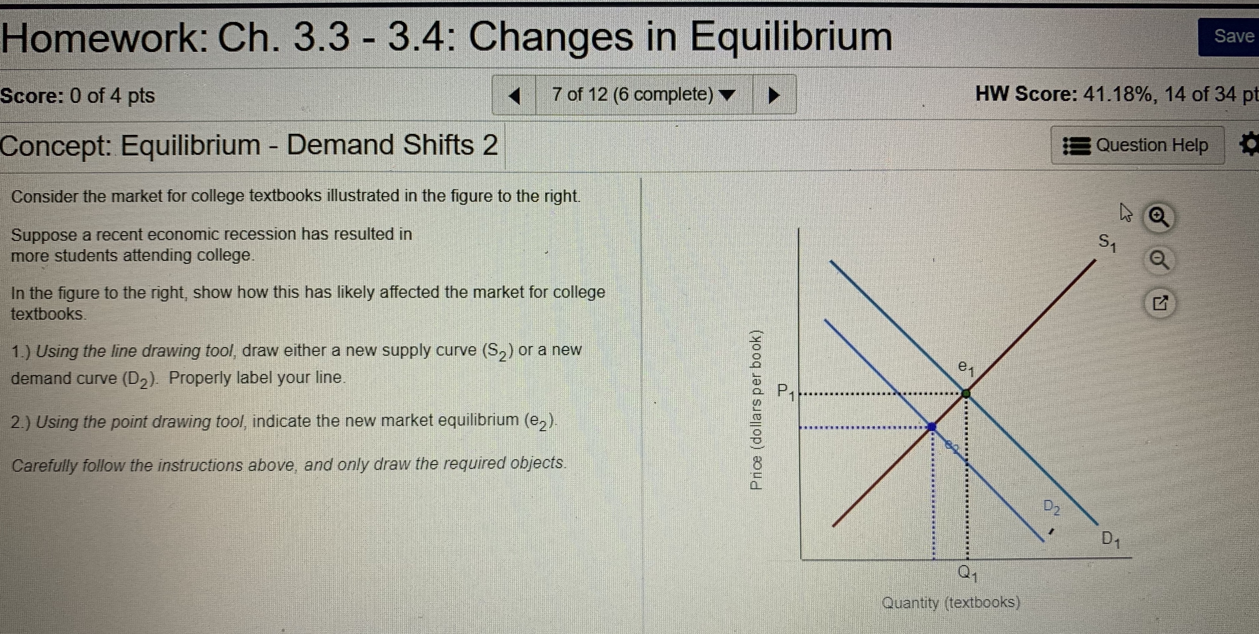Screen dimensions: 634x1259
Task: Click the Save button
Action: point(1231,37)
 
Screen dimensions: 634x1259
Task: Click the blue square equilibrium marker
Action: point(932,426)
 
